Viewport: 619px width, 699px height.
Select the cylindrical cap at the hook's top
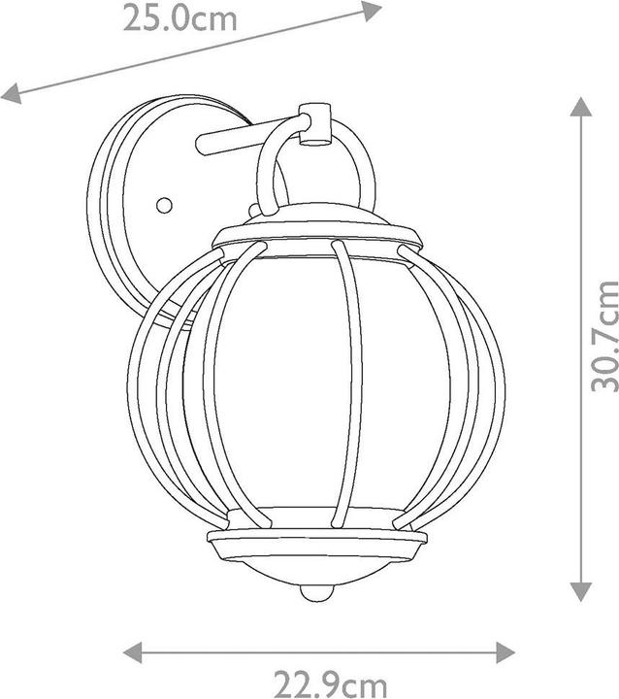(x=314, y=123)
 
